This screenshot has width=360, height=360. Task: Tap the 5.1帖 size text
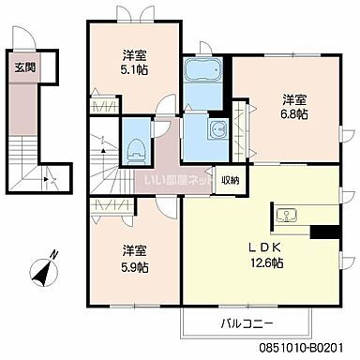[132, 71]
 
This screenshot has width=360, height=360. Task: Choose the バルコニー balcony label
[247, 322]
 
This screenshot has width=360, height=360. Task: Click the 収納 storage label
[230, 179]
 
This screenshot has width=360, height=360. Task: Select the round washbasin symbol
[217, 129]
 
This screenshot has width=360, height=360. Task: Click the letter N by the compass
[54, 252]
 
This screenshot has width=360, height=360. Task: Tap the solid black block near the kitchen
[324, 232]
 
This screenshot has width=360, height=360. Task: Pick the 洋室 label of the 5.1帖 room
[132, 55]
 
